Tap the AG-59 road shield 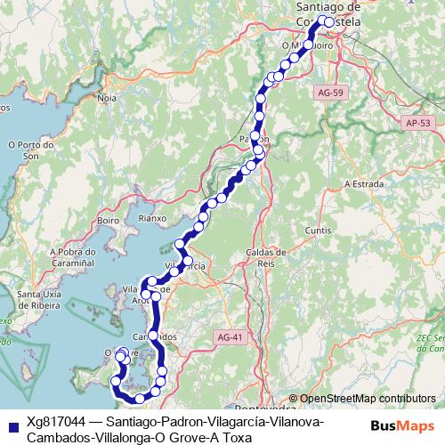[x=327, y=92]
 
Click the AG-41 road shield [x=229, y=336]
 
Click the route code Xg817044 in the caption [x=55, y=422]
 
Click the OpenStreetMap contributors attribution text [x=367, y=400]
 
